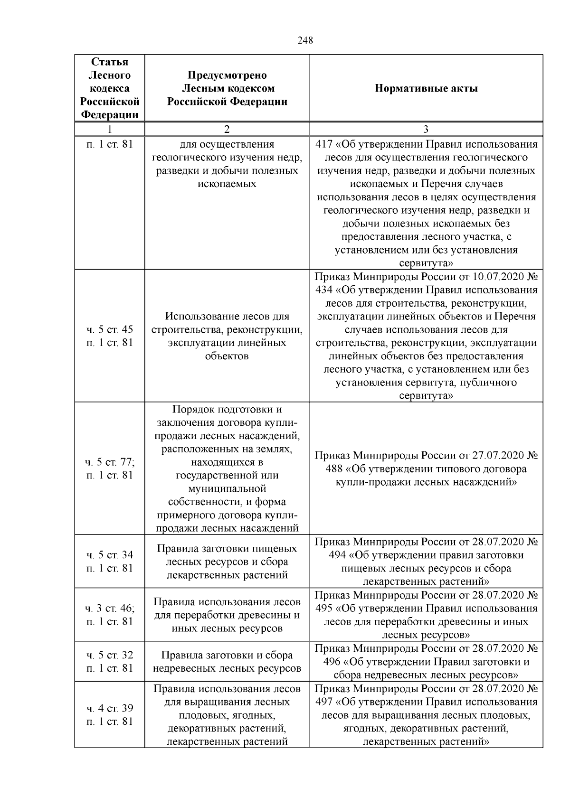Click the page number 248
(x=305, y=40)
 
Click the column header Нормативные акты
(x=426, y=88)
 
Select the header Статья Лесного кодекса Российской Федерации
(x=110, y=88)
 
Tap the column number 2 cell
(x=227, y=129)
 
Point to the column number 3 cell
(x=426, y=129)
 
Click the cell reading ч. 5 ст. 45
(x=110, y=329)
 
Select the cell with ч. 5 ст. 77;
(x=110, y=462)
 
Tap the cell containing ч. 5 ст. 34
(x=110, y=555)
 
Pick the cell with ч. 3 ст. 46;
(x=110, y=608)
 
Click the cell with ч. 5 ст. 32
(x=110, y=655)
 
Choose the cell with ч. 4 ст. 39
(x=110, y=708)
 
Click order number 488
(x=335, y=469)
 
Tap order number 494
(x=338, y=555)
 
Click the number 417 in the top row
(x=324, y=144)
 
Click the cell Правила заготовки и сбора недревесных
(x=227, y=662)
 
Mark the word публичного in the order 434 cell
(x=485, y=383)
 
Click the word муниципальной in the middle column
(x=227, y=488)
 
